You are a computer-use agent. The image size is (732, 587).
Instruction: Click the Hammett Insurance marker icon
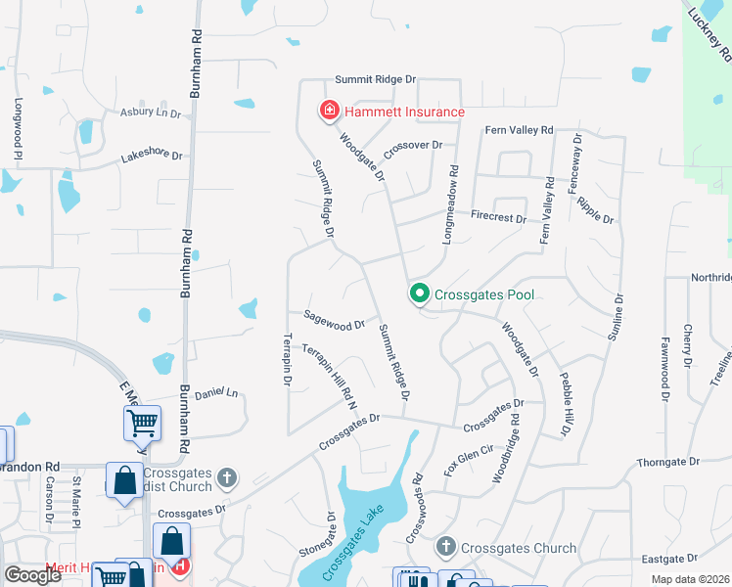330,111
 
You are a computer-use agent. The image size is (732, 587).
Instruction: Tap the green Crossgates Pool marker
420,293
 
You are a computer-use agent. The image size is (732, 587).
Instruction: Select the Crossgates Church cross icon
446,547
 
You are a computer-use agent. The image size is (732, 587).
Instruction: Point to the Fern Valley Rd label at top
519,130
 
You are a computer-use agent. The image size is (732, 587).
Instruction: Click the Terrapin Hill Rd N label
328,375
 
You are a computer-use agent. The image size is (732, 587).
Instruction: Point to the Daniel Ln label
216,392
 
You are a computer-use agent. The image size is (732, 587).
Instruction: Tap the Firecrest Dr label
498,216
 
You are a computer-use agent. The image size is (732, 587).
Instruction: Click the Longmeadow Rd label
453,196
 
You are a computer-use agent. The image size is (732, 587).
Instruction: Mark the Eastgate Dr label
696,559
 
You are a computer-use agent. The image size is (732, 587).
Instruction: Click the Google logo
32,575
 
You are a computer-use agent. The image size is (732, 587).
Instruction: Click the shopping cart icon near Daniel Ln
142,423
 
